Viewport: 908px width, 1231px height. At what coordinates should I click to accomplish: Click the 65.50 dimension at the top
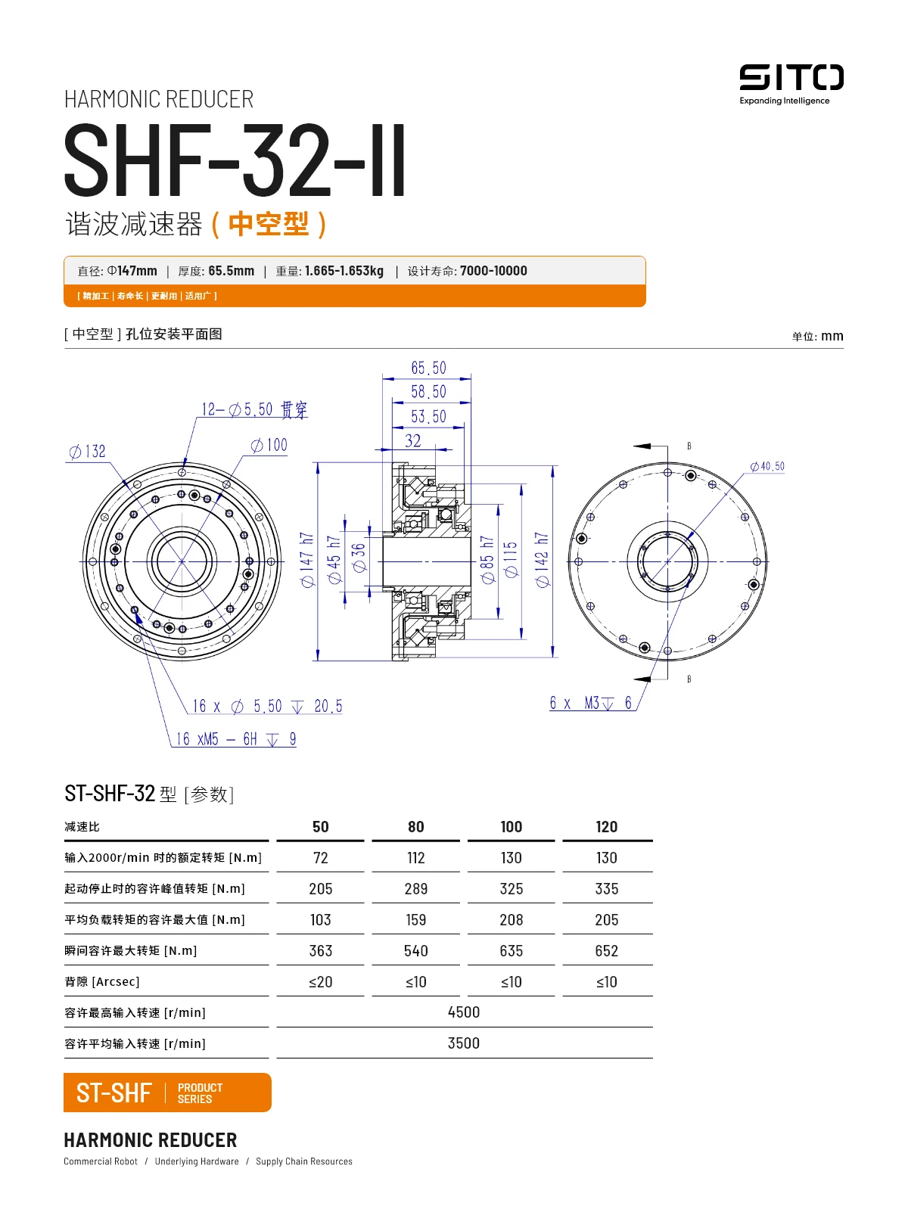click(428, 368)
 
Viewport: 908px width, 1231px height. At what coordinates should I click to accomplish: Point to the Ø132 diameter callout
click(88, 452)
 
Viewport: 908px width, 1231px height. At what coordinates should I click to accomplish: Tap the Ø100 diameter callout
click(269, 445)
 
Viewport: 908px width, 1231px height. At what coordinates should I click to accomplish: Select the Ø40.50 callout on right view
click(767, 466)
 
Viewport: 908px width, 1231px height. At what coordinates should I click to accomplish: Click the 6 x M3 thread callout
click(591, 703)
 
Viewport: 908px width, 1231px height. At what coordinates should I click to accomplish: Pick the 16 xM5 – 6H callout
click(235, 739)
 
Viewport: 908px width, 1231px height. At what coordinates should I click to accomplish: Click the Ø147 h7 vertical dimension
click(306, 559)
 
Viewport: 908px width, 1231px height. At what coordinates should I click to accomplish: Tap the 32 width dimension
click(412, 440)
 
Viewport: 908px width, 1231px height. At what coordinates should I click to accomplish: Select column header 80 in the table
click(415, 826)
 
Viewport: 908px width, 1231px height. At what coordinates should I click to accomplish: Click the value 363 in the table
click(320, 950)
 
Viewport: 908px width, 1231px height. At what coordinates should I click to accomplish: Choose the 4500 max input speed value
click(463, 1012)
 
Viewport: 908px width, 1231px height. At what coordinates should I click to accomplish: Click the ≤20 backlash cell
click(320, 981)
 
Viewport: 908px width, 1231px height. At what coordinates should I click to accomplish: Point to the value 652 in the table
click(606, 950)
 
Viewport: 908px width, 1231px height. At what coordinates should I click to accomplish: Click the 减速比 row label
click(82, 826)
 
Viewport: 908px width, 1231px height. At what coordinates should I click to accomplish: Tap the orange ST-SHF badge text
click(114, 1093)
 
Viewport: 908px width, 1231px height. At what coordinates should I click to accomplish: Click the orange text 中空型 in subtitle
click(269, 224)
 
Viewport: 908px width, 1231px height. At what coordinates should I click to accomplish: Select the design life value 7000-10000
click(493, 271)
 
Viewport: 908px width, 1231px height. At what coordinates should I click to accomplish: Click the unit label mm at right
click(832, 336)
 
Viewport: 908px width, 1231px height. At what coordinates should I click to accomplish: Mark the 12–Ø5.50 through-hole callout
click(254, 409)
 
